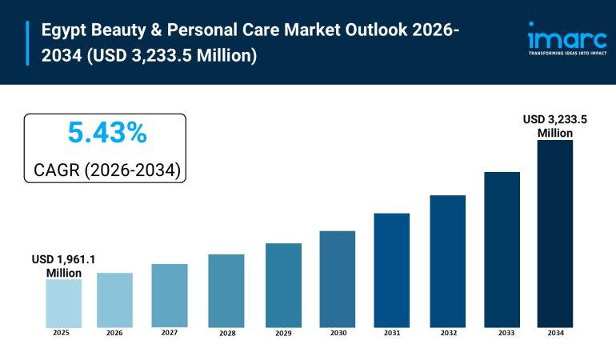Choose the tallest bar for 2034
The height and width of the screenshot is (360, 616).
tap(554, 233)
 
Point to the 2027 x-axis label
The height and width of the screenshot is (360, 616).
tap(169, 332)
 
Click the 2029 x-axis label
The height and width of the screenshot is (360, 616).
tap(283, 333)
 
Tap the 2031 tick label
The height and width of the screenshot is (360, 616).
tap(391, 333)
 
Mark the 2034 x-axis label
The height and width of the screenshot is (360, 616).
tap(554, 333)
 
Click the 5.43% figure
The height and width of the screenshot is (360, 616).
tap(106, 134)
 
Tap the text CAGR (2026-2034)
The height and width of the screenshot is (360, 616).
tap(106, 170)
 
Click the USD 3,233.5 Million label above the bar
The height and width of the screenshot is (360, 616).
tap(554, 126)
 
